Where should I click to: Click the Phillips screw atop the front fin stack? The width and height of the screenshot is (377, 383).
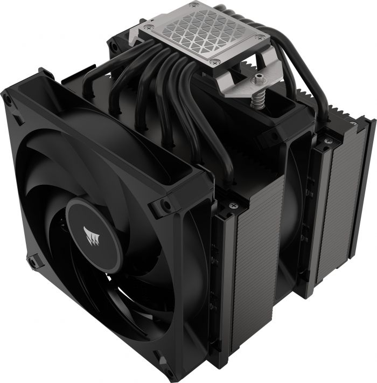pyautogui.click(x=232, y=205)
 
